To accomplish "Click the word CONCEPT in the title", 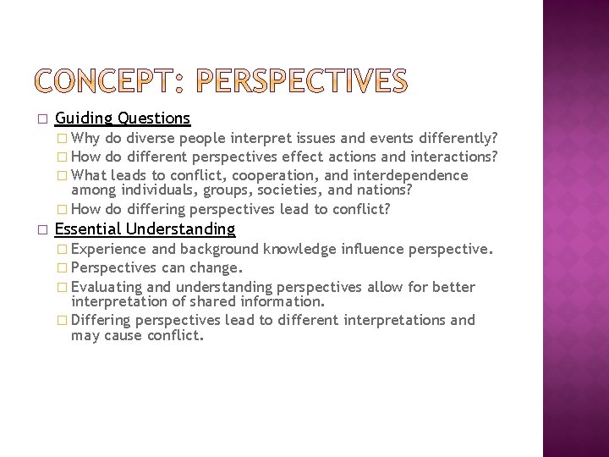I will (107, 80).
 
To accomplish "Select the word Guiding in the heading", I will (84, 118).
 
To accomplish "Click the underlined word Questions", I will (154, 118).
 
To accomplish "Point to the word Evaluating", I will (107, 287).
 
